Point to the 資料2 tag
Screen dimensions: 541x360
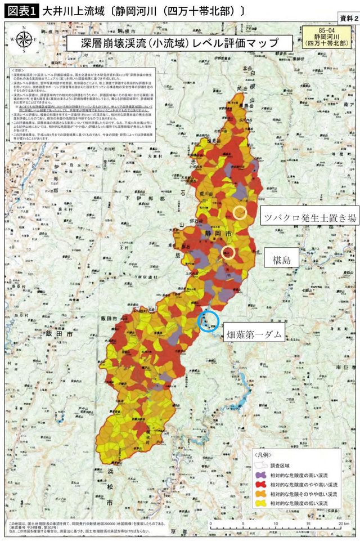346,18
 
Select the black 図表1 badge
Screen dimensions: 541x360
19,10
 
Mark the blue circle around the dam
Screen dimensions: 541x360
208,321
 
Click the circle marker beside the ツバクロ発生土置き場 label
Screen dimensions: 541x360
240,212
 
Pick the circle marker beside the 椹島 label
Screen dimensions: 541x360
228,252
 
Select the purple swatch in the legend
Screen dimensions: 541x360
260,476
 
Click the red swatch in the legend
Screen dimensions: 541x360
260,485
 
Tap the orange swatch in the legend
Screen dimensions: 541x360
260,494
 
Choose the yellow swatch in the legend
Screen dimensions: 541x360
260,503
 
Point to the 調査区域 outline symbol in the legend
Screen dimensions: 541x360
260,466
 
